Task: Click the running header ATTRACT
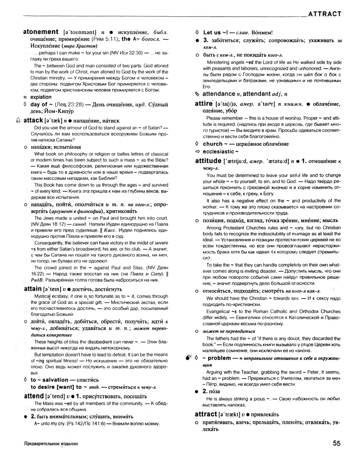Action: (x=324, y=13)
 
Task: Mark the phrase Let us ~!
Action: (x=213, y=32)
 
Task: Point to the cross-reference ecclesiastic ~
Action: (x=223, y=152)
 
